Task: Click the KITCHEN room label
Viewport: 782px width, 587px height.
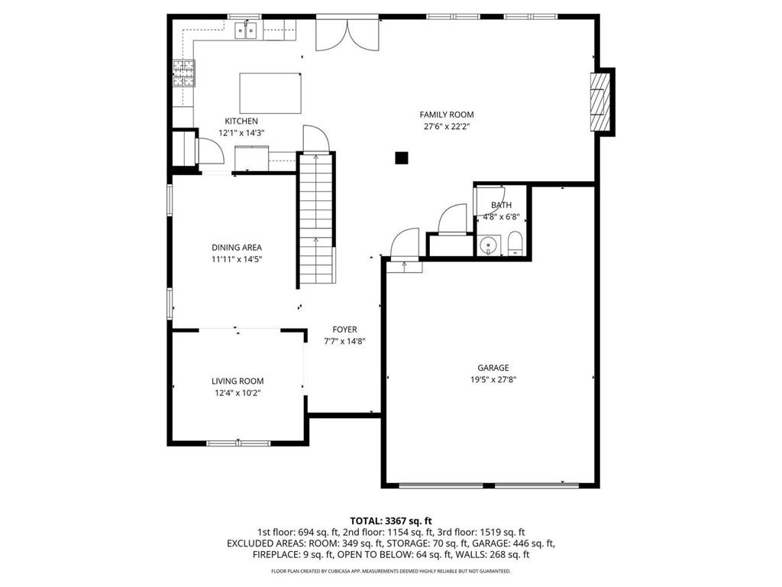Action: tap(241, 122)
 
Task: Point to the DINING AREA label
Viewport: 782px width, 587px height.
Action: tap(237, 248)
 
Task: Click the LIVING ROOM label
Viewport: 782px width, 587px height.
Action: tap(238, 381)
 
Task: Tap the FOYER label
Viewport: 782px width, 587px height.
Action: tap(344, 330)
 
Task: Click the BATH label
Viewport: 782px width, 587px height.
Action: tap(501, 205)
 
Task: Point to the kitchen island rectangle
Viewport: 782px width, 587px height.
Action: tap(270, 92)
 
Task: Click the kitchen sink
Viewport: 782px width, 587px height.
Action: tap(245, 31)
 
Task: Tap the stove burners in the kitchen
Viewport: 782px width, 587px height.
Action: tap(183, 73)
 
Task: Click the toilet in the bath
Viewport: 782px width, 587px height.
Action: tap(514, 243)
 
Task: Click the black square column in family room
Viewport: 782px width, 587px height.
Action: tap(401, 158)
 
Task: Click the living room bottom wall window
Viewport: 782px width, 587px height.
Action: tap(238, 443)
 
